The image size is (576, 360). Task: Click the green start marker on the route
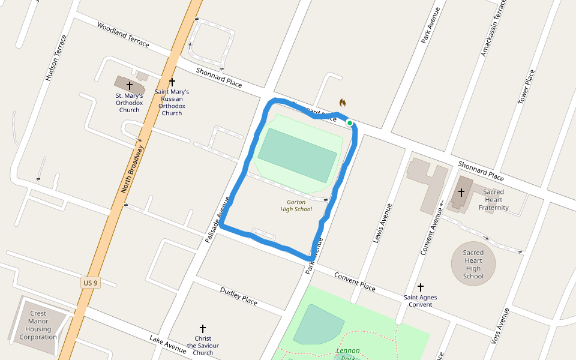(349, 122)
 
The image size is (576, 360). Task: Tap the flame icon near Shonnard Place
(343, 103)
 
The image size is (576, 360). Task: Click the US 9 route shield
(89, 283)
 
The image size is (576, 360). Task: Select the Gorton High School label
(296, 206)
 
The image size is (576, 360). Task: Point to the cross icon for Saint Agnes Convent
(421, 287)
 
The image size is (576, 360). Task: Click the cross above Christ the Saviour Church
(203, 329)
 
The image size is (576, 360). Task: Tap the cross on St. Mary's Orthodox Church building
(129, 86)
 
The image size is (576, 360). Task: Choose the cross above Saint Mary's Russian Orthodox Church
(172, 81)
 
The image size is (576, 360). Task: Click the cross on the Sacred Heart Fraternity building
(461, 193)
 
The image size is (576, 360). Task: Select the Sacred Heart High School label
(473, 264)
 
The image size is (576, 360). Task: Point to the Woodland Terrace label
(123, 35)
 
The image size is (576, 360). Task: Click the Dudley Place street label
(239, 295)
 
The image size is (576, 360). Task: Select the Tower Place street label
(526, 87)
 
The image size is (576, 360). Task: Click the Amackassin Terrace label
(493, 28)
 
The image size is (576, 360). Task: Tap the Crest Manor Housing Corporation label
(38, 325)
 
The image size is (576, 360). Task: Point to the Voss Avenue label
(500, 325)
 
